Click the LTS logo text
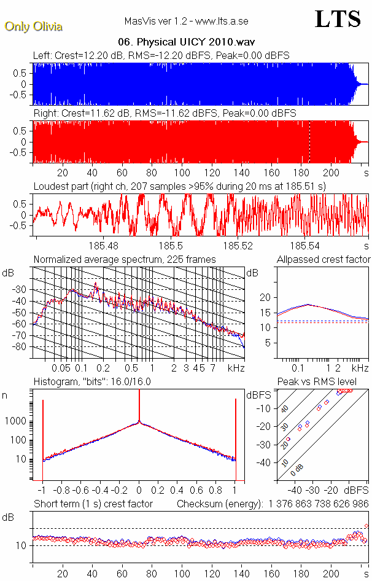338,20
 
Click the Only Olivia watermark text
33,26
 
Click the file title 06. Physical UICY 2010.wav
187,42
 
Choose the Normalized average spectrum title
125,260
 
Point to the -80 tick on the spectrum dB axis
23,347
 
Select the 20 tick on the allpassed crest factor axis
266,297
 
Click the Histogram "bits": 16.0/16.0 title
92,382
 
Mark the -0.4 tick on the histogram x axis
98,490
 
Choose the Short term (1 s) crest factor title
93,504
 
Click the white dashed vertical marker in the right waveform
309,141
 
